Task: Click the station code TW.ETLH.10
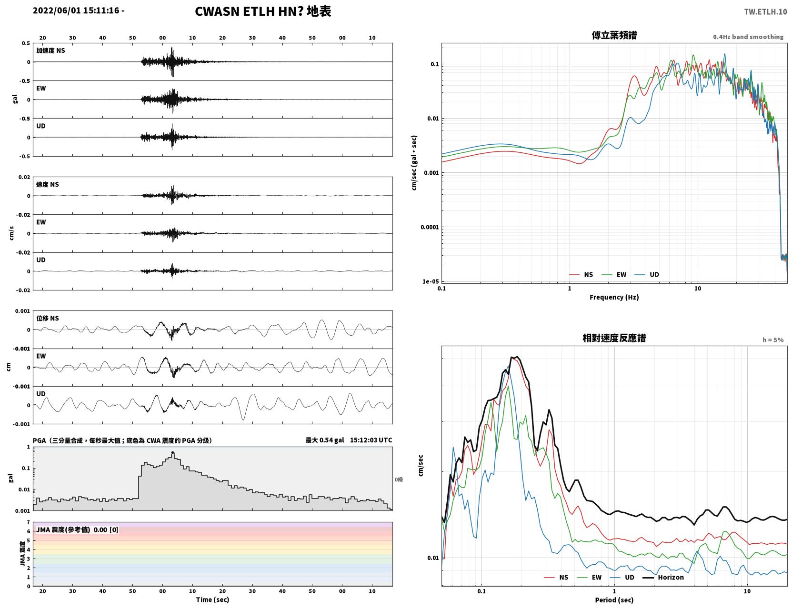point(765,11)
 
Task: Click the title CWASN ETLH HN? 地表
point(263,11)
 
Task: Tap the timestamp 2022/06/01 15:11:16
point(76,10)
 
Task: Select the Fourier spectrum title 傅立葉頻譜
point(614,35)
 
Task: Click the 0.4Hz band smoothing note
point(748,37)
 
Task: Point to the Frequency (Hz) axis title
point(614,297)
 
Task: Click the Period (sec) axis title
point(614,600)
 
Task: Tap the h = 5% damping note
point(772,340)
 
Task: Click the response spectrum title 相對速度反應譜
point(614,338)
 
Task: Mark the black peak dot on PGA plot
point(172,453)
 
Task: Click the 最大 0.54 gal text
point(324,440)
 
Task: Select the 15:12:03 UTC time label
point(371,440)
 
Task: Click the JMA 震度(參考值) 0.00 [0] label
point(77,529)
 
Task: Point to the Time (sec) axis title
point(212,599)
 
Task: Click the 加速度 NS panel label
point(50,50)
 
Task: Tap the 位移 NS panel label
point(47,319)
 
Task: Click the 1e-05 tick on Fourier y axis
point(430,281)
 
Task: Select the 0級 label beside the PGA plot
point(399,479)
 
